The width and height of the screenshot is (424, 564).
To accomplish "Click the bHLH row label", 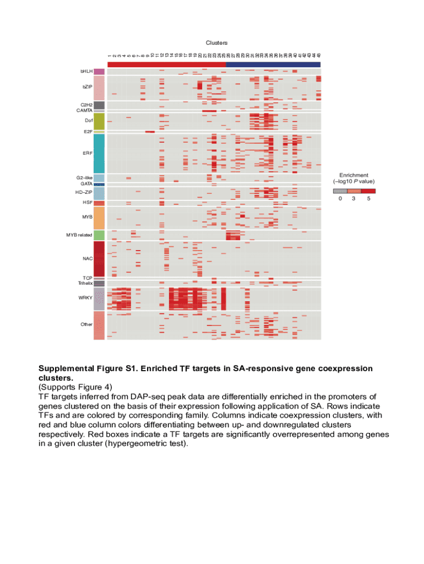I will [x=86, y=72].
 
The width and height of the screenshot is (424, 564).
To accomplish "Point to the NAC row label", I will [x=87, y=258].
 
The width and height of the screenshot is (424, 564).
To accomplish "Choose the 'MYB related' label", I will [x=79, y=235].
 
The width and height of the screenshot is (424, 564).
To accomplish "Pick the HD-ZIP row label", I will [x=84, y=193].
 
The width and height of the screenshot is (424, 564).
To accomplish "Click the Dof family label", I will [x=89, y=120].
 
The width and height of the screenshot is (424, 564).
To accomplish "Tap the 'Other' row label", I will [x=86, y=324].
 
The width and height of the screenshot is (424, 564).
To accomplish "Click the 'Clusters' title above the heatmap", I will [x=216, y=42].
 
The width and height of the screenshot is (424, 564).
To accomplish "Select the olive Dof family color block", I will [x=99, y=121].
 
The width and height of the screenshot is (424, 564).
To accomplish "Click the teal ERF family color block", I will [x=99, y=154].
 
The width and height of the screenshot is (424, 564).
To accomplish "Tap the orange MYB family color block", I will [x=99, y=218].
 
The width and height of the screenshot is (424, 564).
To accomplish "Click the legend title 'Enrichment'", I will [x=354, y=175].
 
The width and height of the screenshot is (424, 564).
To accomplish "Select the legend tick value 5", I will [x=368, y=198].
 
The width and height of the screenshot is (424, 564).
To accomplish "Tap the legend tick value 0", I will [x=340, y=198].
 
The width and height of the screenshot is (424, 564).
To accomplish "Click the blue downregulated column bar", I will [x=273, y=64].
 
